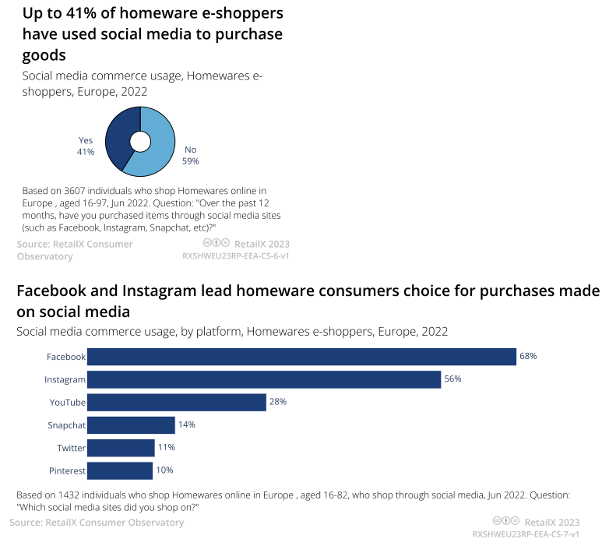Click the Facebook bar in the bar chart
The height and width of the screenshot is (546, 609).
(301, 357)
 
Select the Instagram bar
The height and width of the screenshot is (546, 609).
(264, 379)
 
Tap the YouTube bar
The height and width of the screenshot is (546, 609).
(177, 402)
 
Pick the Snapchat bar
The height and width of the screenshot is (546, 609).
(131, 425)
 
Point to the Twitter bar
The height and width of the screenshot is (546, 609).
(121, 448)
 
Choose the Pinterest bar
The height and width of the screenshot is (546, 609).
(119, 470)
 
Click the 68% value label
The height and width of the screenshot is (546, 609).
(529, 356)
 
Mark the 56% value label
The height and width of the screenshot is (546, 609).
(453, 379)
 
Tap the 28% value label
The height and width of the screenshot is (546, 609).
(278, 402)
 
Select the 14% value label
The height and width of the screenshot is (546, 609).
(186, 424)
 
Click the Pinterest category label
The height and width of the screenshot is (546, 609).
(66, 470)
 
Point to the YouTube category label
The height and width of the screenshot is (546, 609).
(68, 402)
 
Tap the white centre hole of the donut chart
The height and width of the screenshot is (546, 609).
(140, 141)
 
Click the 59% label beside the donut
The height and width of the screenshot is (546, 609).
(191, 161)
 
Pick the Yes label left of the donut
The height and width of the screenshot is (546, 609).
(86, 140)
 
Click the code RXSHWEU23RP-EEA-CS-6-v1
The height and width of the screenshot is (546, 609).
(236, 255)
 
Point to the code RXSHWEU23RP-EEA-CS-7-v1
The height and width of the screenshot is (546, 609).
(526, 535)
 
